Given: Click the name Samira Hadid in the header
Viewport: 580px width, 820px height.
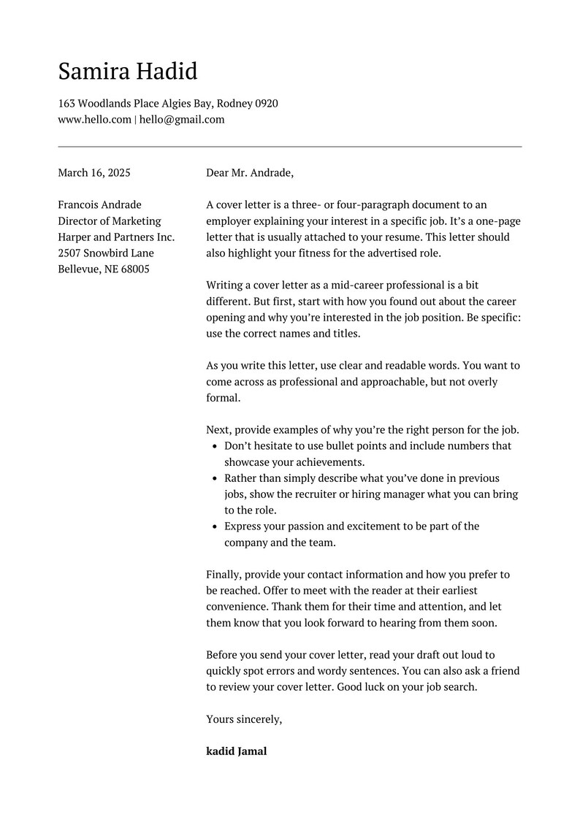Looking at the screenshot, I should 128,72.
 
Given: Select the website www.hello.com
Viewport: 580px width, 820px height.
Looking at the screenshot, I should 95,120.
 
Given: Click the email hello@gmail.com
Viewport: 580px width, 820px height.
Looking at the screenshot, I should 182,120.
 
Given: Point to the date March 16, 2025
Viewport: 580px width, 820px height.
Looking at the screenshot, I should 94,173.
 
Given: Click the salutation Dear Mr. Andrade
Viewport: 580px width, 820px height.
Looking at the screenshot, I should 250,173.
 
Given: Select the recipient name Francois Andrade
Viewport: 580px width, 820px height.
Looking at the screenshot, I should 100,205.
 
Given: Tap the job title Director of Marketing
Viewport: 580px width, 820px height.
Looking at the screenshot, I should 110,221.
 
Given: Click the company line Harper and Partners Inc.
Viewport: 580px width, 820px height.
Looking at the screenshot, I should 117,237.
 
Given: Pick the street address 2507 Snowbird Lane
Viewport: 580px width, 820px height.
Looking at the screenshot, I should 106,253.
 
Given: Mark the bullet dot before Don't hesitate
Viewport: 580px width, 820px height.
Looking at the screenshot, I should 214,446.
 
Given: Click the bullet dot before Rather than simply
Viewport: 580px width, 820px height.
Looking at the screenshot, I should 214,479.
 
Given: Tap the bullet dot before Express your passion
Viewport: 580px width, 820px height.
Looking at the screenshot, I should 214,526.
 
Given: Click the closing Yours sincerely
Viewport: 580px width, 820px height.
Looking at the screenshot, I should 244,719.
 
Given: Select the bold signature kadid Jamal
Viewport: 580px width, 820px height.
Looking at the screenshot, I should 237,751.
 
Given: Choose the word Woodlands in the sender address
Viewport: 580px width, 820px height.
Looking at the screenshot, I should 105,104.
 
